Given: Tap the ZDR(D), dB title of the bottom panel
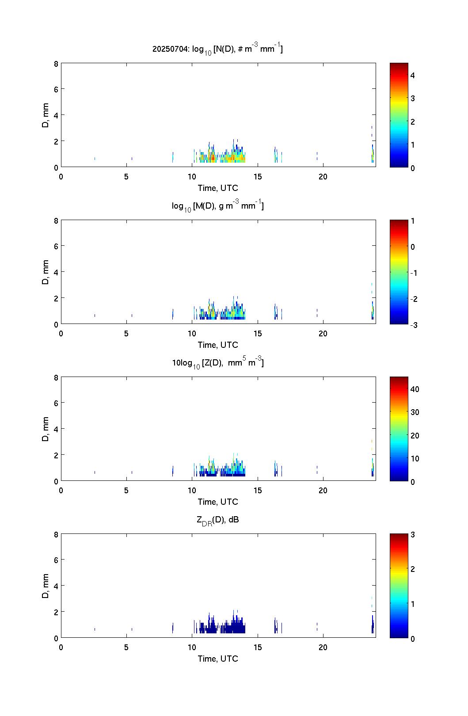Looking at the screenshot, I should click(x=217, y=520).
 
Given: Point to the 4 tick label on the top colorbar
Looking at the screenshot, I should click(x=413, y=76).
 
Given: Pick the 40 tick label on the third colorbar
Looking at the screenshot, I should click(x=415, y=389).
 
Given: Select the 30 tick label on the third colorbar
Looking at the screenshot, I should click(x=415, y=412).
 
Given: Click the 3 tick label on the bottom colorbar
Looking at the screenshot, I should click(x=413, y=534).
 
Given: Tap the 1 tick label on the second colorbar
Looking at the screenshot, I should click(x=413, y=221).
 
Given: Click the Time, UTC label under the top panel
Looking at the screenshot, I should click(x=218, y=188).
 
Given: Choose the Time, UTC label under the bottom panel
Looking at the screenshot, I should click(x=218, y=659).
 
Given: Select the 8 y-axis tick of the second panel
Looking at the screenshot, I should click(x=56, y=221).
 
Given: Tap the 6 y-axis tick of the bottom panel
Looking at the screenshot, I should click(x=56, y=560).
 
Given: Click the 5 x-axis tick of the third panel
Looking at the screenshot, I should click(x=126, y=491).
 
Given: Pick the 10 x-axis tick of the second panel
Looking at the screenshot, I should click(x=192, y=334).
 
